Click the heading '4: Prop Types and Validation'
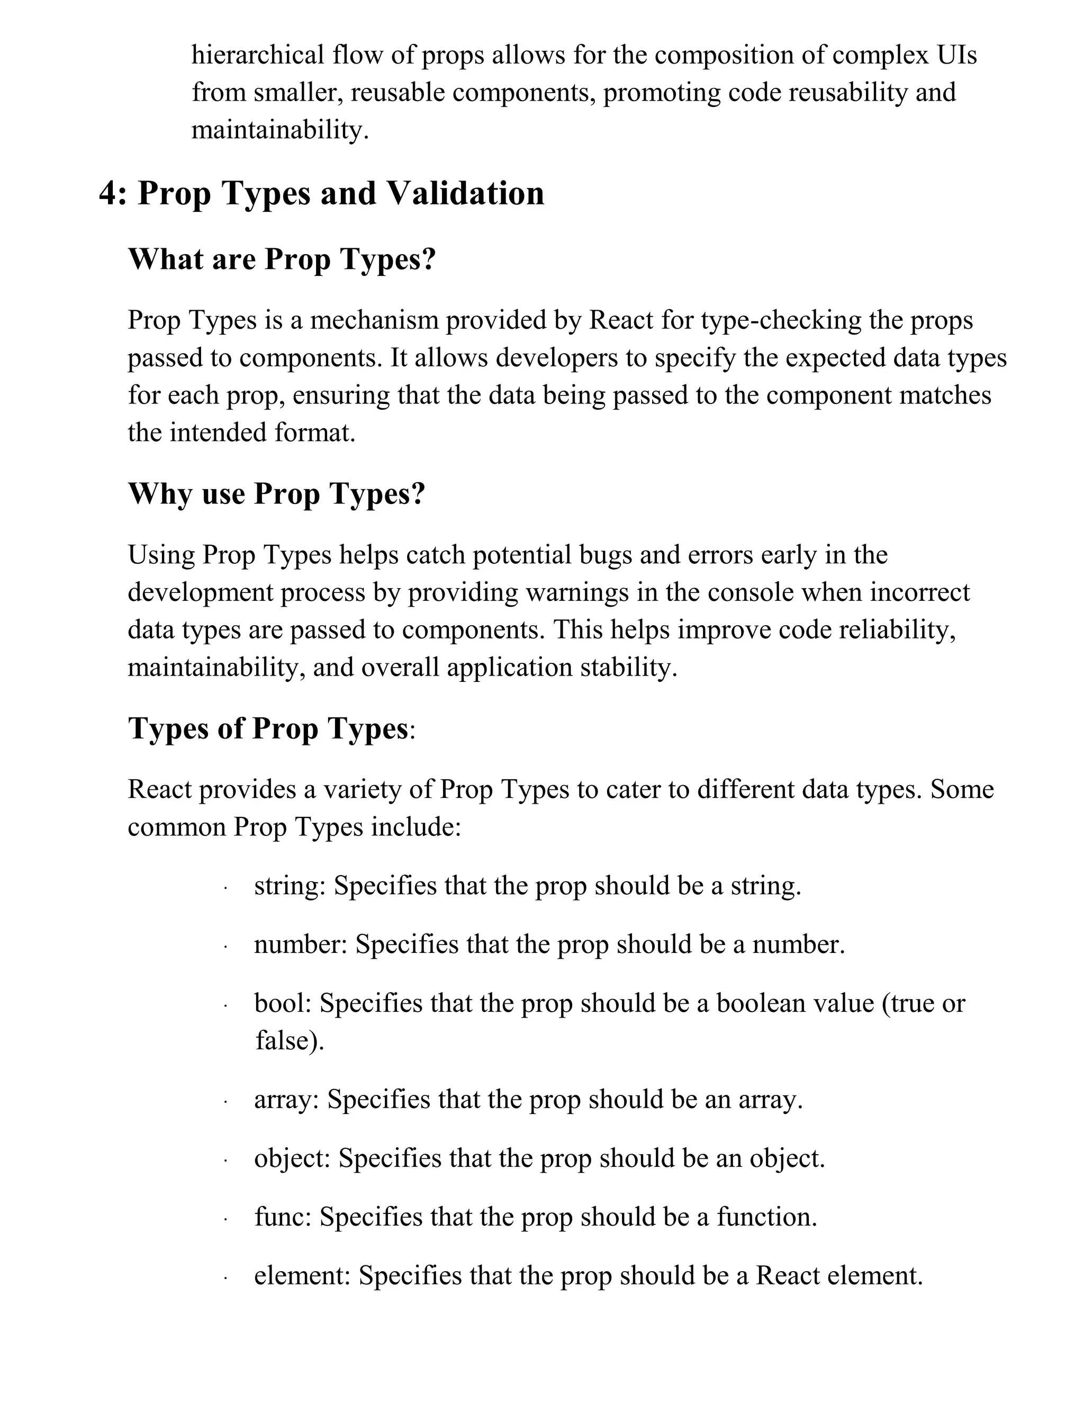tap(321, 193)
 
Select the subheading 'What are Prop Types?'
tap(282, 259)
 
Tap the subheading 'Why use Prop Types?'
tap(276, 494)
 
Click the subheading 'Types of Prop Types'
tap(268, 729)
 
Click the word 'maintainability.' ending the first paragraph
tap(280, 130)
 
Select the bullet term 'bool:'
tap(283, 1003)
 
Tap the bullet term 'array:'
tap(286, 1099)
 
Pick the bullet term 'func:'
tap(283, 1217)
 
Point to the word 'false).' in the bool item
tap(290, 1041)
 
